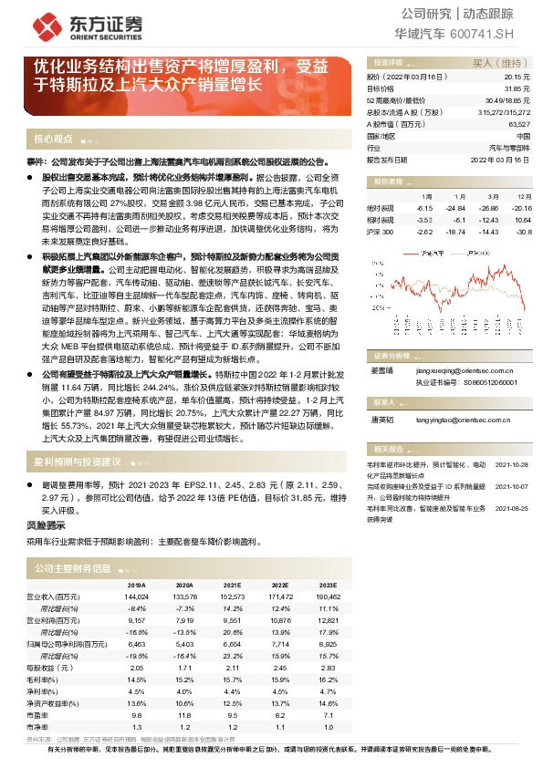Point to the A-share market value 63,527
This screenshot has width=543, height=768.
point(518,123)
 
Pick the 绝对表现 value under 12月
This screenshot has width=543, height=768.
point(523,208)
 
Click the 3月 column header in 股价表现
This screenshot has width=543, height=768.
point(492,196)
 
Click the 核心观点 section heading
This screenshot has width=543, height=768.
point(53,139)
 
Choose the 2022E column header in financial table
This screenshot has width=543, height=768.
point(280,585)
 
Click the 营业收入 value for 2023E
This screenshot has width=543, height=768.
point(329,596)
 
